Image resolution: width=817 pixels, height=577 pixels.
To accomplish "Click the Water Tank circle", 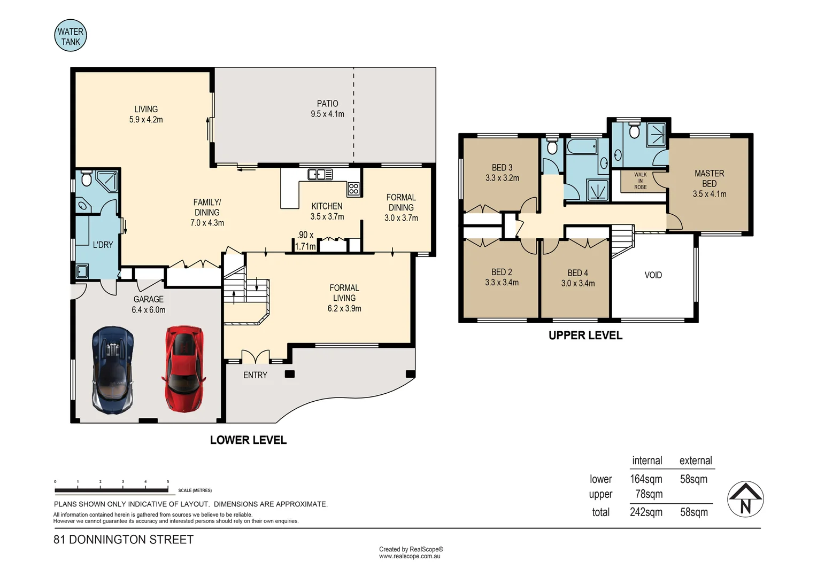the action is point(71,35).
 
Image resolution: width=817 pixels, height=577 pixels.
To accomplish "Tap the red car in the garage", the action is point(184,369).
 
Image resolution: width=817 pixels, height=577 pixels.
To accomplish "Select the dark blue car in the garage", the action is point(113,370).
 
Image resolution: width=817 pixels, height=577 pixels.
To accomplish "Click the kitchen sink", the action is point(320,175).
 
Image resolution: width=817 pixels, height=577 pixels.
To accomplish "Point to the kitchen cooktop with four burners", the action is point(353,189).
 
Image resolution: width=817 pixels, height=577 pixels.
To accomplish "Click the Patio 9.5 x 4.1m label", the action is point(328,108).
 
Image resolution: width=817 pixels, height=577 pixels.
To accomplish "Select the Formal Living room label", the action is point(344,298).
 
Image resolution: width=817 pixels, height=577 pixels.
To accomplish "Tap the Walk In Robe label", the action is point(640,181).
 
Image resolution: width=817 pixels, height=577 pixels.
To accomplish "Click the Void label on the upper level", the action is point(653,275).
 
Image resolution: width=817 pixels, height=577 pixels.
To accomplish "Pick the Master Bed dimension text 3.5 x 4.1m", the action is point(710,194).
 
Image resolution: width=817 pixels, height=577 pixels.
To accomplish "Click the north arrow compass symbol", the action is point(745,499).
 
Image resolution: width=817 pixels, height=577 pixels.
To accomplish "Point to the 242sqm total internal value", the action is point(646,512).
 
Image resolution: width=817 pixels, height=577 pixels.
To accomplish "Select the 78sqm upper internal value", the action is point(649,494).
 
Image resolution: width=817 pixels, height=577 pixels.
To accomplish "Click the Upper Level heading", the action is point(585,336).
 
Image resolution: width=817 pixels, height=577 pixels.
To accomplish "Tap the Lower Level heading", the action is point(249,440).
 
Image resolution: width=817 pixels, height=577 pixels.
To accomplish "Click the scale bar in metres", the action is point(112,490).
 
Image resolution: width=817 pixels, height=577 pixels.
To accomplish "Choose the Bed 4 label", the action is point(578,272).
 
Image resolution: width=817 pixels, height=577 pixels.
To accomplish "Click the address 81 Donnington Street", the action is point(124,540).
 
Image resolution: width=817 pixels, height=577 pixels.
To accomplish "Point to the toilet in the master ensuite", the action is point(634,130).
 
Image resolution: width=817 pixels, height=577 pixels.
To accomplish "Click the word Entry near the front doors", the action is point(256,375).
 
